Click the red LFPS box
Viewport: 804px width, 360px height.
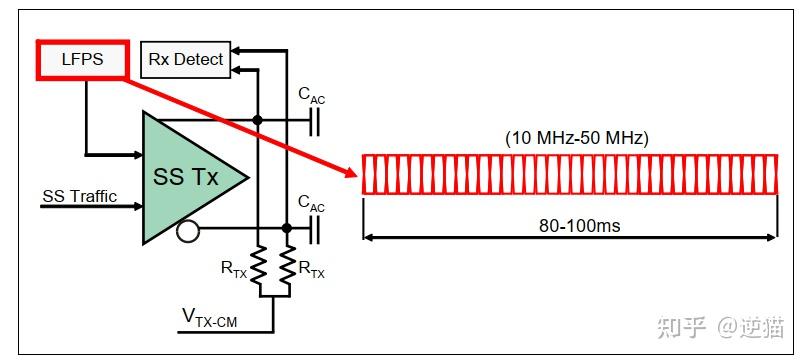(85, 60)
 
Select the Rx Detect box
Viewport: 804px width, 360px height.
(185, 60)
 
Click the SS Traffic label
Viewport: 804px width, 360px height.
(79, 196)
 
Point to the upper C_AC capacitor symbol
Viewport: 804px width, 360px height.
(316, 120)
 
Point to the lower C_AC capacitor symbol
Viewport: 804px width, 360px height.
(316, 231)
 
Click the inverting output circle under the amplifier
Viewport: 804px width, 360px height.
(184, 232)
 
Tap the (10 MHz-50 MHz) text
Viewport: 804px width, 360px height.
(577, 138)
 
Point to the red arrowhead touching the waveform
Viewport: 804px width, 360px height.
(351, 174)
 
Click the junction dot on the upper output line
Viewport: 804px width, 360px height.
(258, 120)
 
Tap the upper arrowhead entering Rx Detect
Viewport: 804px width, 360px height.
(236, 48)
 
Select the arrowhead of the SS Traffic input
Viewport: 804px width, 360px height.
(136, 206)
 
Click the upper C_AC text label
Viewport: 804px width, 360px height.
(311, 95)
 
